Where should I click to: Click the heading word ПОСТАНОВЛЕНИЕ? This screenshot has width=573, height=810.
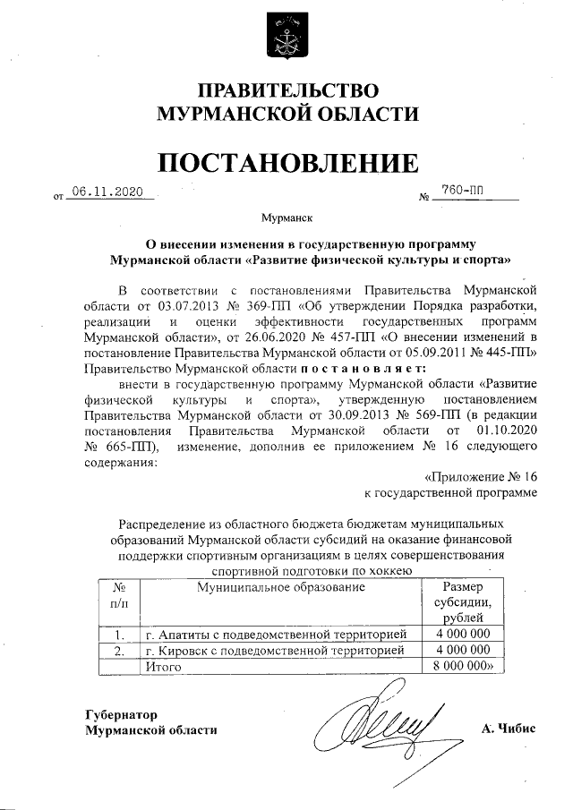(x=286, y=162)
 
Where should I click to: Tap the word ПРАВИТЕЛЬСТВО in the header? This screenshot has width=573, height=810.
(x=287, y=91)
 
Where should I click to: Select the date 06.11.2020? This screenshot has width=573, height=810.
(x=107, y=192)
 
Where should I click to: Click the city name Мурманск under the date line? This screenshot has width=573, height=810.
(x=286, y=217)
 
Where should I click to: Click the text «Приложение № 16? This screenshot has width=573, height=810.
(x=481, y=476)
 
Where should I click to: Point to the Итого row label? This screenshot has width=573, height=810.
(x=163, y=667)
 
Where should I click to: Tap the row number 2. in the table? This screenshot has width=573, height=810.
(x=118, y=651)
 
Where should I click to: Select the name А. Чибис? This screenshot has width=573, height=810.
(x=508, y=729)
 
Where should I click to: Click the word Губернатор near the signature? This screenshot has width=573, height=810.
(x=121, y=714)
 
